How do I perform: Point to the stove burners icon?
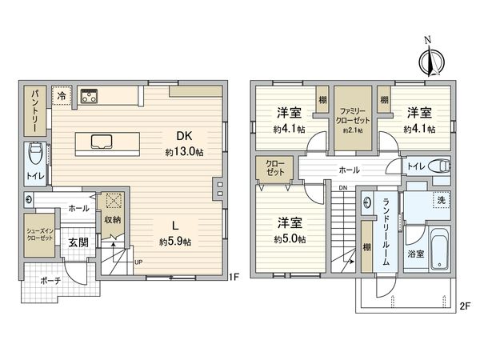click(x=88, y=96)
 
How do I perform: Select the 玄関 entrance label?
click(x=78, y=242)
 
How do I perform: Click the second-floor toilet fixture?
click(x=438, y=166)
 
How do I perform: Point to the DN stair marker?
click(x=342, y=188)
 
